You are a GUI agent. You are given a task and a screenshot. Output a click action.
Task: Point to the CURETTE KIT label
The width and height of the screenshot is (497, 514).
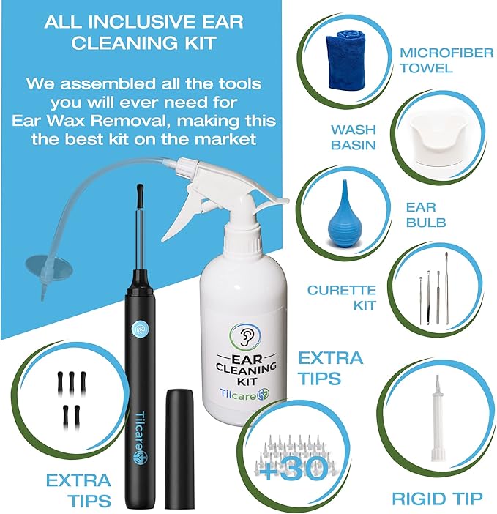(x=341, y=297)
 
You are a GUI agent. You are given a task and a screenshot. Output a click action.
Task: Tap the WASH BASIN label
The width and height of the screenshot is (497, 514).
(x=353, y=137)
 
